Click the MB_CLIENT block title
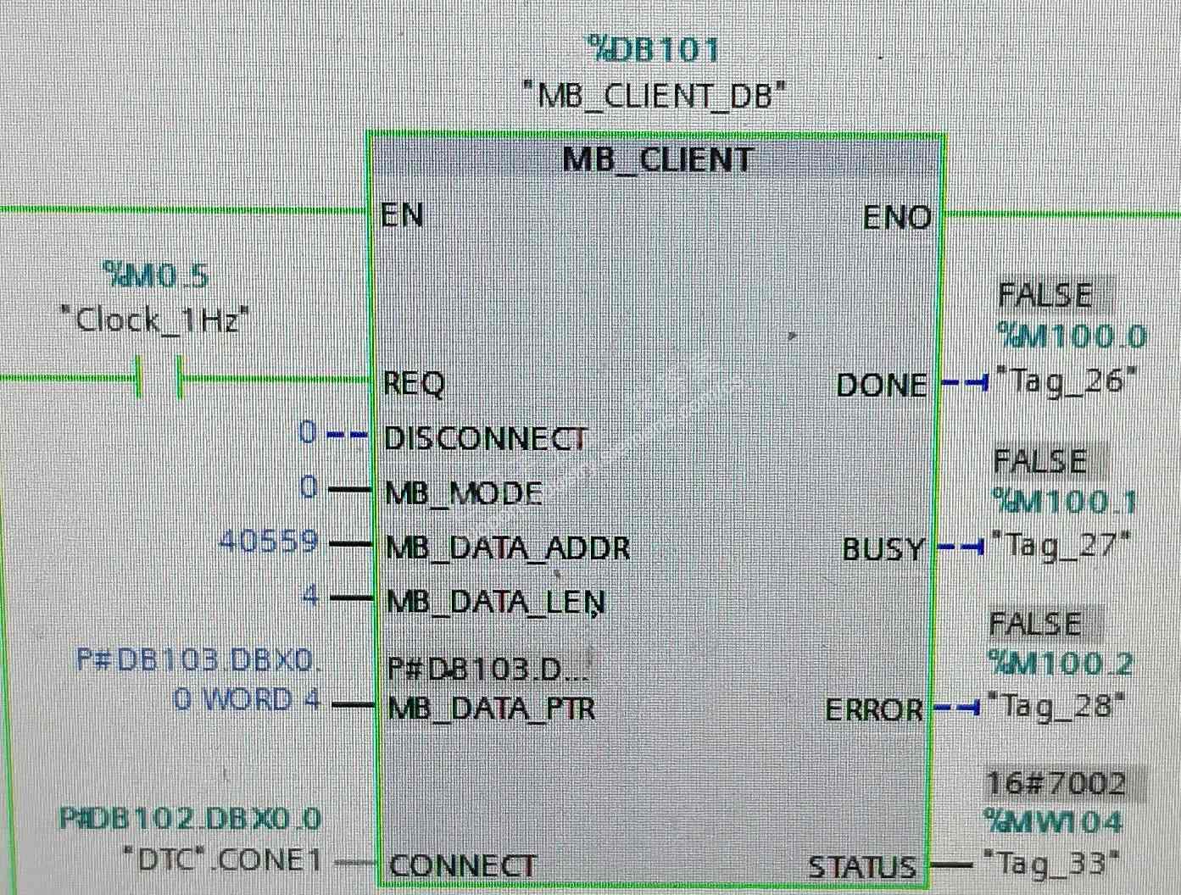(657, 159)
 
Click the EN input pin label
(402, 215)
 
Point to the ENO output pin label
(897, 218)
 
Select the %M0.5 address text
(155, 275)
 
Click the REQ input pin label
(414, 384)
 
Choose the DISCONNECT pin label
(485, 438)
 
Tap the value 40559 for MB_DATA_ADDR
(269, 542)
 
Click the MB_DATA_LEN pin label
(495, 601)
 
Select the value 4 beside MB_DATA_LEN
(311, 597)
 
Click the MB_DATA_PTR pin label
(491, 708)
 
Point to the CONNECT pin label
(462, 865)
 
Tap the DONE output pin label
(882, 386)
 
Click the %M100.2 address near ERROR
(1060, 664)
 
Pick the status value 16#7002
(1056, 783)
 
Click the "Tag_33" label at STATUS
(1051, 863)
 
